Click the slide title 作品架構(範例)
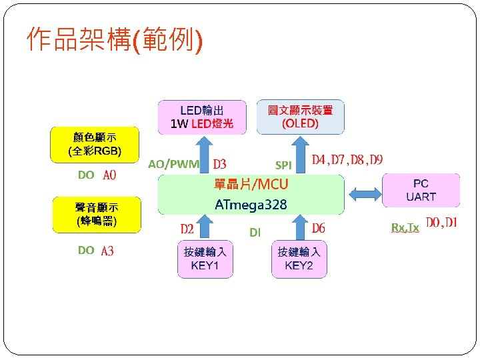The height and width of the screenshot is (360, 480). pyautogui.click(x=114, y=40)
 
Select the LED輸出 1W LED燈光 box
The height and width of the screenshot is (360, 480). pyautogui.click(x=202, y=117)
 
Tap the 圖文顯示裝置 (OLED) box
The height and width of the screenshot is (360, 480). pyautogui.click(x=300, y=117)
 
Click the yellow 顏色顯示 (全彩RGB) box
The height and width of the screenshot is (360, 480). pyautogui.click(x=95, y=144)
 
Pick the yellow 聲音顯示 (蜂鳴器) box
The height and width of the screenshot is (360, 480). pyautogui.click(x=97, y=214)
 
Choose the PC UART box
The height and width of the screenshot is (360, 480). pyautogui.click(x=421, y=190)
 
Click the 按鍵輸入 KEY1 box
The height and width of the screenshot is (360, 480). pyautogui.click(x=205, y=259)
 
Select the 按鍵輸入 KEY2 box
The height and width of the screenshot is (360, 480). pyautogui.click(x=299, y=259)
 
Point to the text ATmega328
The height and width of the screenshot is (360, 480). pyautogui.click(x=251, y=205)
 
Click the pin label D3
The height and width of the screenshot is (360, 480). pyautogui.click(x=219, y=164)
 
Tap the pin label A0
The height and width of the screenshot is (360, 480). pyautogui.click(x=109, y=175)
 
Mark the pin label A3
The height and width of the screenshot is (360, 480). pyautogui.click(x=107, y=251)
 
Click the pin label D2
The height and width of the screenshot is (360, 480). pyautogui.click(x=187, y=229)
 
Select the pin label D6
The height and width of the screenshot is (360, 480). pyautogui.click(x=319, y=229)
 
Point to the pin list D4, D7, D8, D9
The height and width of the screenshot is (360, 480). pyautogui.click(x=347, y=160)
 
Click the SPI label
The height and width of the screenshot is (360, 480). pyautogui.click(x=283, y=165)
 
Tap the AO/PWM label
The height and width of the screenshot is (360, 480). pyautogui.click(x=173, y=164)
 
